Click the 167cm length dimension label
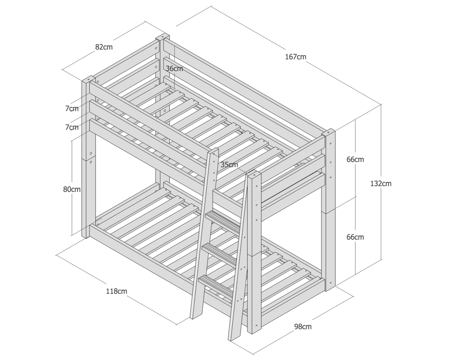[295, 57]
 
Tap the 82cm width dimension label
[104, 47]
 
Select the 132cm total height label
[381, 184]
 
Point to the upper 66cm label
[355, 159]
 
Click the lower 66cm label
[355, 237]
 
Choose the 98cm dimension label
[302, 327]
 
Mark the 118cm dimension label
[116, 291]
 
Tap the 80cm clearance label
[72, 189]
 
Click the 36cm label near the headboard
[174, 68]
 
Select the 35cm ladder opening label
[229, 165]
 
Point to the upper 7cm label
[72, 109]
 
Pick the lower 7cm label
[72, 127]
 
